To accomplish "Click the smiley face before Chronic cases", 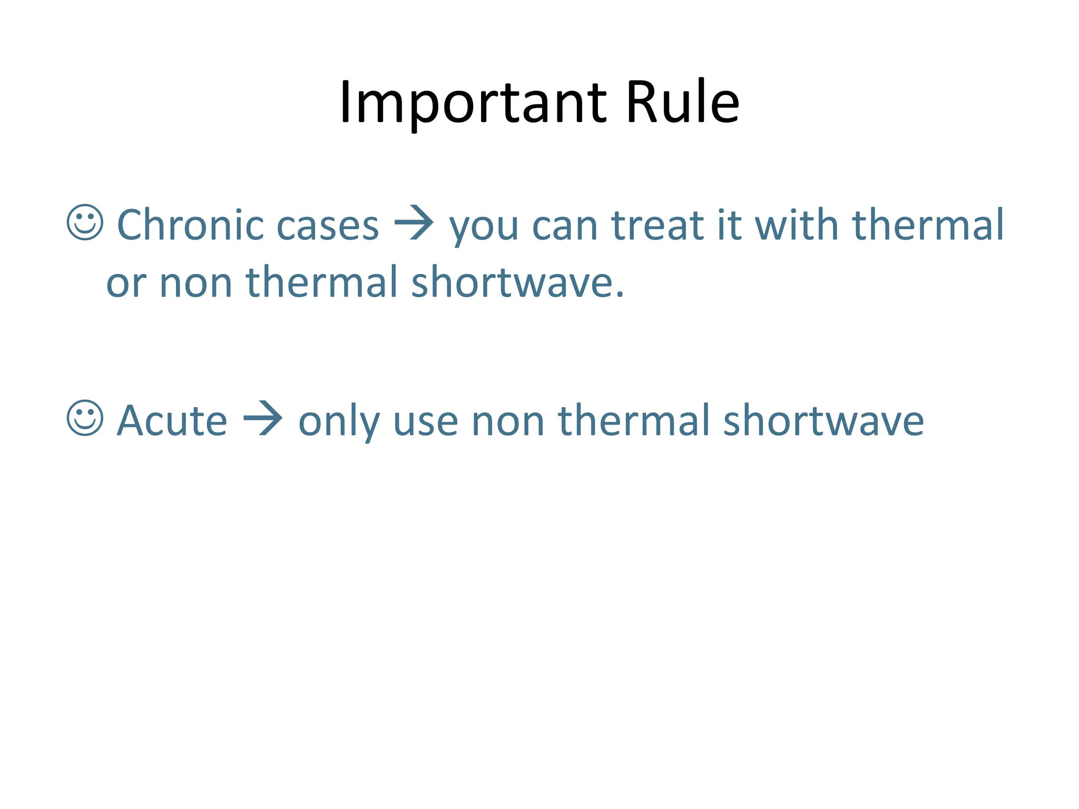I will tap(85, 223).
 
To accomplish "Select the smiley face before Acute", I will tap(85, 418).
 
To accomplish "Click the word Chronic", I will tap(190, 225).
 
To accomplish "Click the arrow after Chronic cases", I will tap(414, 223).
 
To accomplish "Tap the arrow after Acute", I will tap(263, 419).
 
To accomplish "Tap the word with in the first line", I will tap(796, 225).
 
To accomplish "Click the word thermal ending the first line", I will tap(928, 225).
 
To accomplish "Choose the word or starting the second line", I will tap(126, 284).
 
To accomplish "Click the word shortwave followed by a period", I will tap(517, 282).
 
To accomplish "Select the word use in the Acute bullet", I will tap(425, 423).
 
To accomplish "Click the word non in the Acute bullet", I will tap(507, 423).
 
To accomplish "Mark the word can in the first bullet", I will tap(565, 228).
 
